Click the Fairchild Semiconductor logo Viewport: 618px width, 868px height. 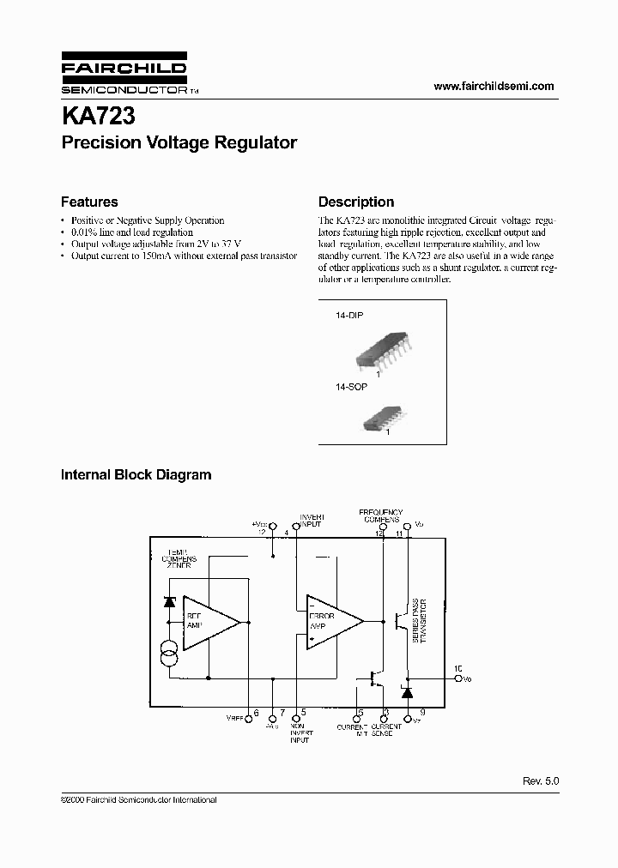coord(124,76)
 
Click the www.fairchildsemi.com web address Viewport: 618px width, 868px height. coord(494,86)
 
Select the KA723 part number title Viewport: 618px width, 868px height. coord(97,114)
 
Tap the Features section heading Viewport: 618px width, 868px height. coord(89,202)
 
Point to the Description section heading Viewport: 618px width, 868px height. coord(356,202)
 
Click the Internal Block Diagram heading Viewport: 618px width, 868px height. coord(136,474)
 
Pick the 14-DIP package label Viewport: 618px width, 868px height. coord(349,316)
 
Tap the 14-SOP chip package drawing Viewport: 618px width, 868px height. coord(377,418)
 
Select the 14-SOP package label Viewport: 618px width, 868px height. coord(350,388)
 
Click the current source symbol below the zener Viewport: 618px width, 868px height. coord(169,658)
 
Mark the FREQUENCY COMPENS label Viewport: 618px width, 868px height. coord(380,515)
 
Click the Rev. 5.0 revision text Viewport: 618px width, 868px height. coord(540,781)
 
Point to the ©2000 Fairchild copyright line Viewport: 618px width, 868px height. coord(138,799)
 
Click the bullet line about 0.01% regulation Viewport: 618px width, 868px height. coord(131,232)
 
